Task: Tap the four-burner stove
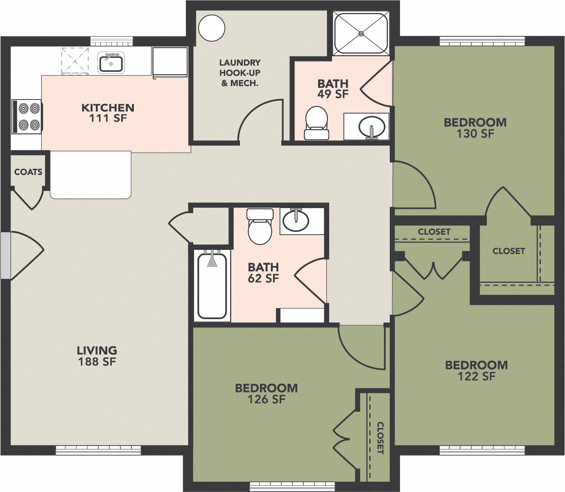point(27,116)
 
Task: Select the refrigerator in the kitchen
point(169,62)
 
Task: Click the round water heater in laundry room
point(212,28)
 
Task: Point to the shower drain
point(361,33)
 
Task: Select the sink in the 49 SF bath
point(372,127)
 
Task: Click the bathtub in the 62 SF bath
point(212,286)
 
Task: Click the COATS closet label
point(28,172)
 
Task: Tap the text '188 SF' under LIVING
point(97,362)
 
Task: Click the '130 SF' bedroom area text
point(475,134)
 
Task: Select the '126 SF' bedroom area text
point(266,399)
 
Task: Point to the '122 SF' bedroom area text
point(476,376)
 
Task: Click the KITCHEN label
point(108,108)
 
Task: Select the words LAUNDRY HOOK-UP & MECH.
point(240,73)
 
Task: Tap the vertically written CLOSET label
point(380,438)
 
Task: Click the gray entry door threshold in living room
point(5,256)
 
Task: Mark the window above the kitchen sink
point(111,41)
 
